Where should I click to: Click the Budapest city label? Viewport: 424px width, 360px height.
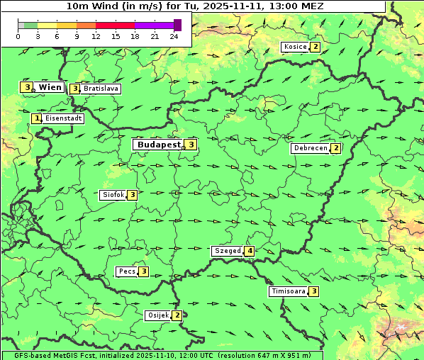(x=160, y=145)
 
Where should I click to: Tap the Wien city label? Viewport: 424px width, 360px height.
(x=50, y=87)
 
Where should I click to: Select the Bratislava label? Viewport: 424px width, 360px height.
(x=100, y=89)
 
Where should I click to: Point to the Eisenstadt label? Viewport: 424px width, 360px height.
(x=63, y=118)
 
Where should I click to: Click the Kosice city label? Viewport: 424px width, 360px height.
(x=295, y=47)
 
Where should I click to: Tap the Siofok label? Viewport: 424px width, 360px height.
(x=113, y=195)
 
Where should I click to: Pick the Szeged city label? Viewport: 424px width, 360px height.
(x=228, y=251)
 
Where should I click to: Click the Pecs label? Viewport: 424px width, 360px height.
(x=127, y=271)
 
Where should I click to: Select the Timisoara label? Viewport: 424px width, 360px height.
(x=288, y=291)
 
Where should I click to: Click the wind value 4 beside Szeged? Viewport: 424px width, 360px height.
(x=249, y=251)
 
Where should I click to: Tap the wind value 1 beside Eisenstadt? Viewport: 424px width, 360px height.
(x=36, y=118)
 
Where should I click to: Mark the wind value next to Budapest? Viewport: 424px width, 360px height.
(x=191, y=145)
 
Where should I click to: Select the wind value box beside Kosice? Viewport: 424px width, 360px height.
(x=315, y=47)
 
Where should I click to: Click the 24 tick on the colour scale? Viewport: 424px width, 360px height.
(x=174, y=36)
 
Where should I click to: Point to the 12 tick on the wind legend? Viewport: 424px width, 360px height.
(x=96, y=36)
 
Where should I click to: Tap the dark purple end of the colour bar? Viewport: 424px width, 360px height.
(x=177, y=25)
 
